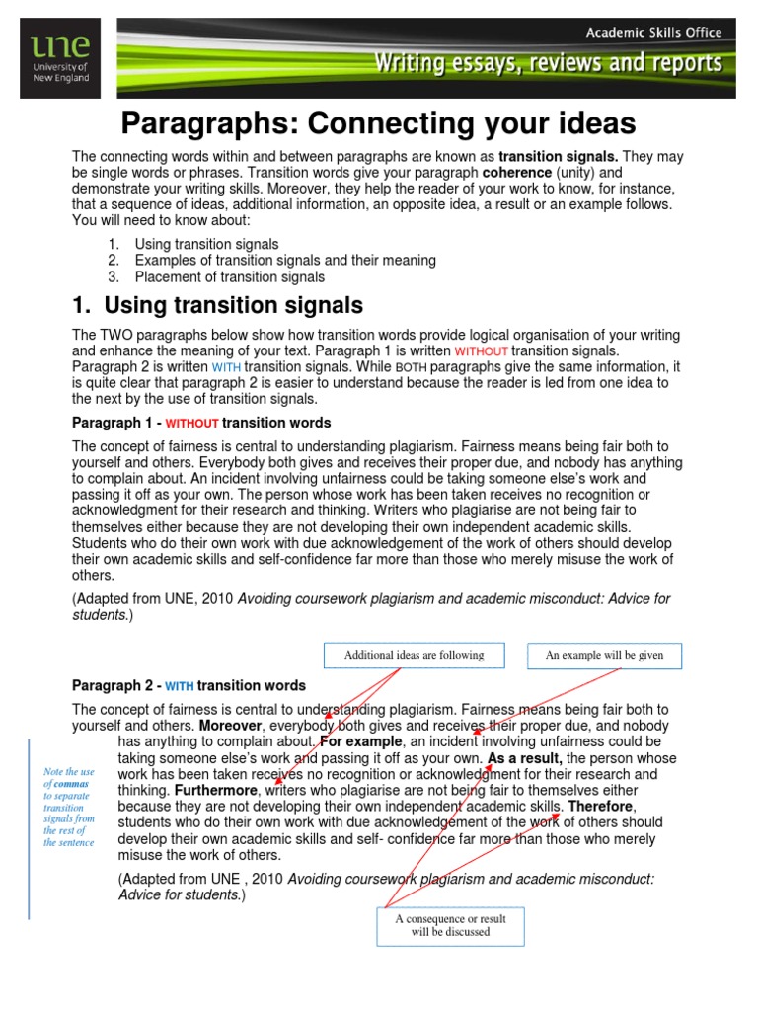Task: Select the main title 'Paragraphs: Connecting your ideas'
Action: point(378,123)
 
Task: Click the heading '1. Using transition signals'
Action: point(218,305)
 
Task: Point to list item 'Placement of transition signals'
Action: point(229,276)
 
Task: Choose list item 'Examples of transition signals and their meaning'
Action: point(285,261)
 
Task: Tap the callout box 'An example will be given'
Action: point(606,655)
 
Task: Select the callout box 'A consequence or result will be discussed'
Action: point(451,925)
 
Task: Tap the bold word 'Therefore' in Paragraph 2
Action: point(601,807)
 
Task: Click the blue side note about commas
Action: point(69,808)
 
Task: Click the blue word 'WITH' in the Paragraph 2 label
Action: point(180,686)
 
